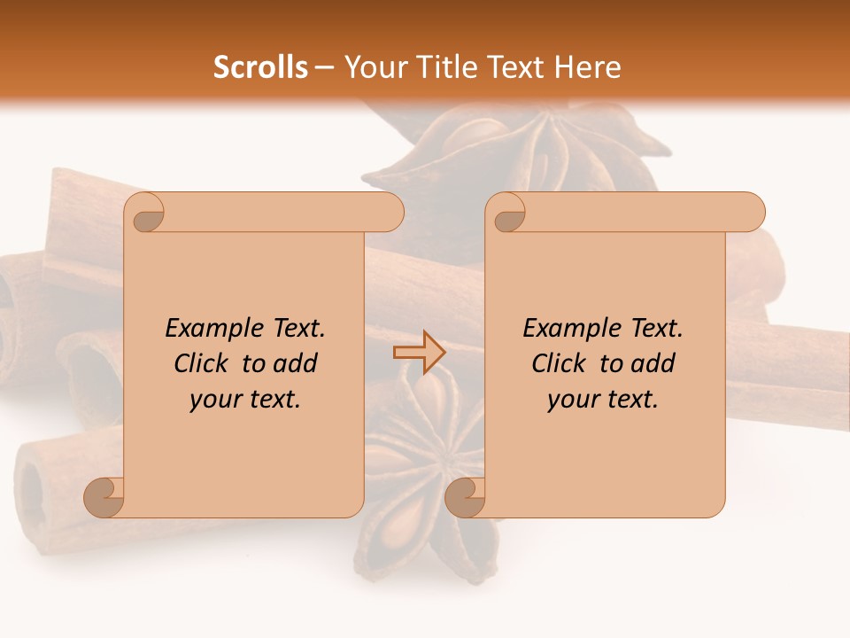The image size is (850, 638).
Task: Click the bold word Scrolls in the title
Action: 260,67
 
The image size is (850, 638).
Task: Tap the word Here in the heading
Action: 587,67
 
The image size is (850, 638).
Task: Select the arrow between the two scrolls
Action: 419,353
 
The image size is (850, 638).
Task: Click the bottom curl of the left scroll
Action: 104,497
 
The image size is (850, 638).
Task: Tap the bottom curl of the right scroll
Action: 465,497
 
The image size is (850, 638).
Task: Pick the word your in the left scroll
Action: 214,401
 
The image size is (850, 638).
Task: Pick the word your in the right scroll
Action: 572,401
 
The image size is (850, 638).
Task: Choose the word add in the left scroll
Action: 297,364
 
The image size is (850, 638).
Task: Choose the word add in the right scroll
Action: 654,364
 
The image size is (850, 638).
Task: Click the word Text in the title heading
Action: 515,67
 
